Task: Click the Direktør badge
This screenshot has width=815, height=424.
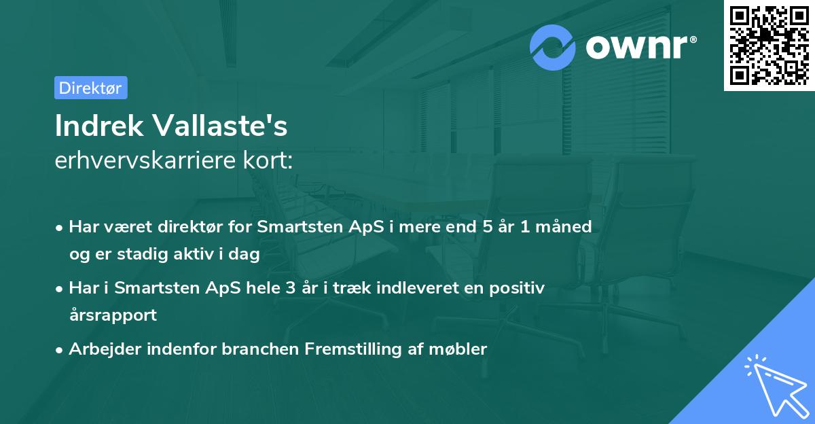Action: tap(90, 88)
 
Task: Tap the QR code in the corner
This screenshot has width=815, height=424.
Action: tap(769, 45)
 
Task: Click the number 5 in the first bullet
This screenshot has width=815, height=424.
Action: tap(487, 226)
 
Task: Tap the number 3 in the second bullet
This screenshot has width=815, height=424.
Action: tap(291, 288)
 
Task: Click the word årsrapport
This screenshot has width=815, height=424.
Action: tap(113, 315)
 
